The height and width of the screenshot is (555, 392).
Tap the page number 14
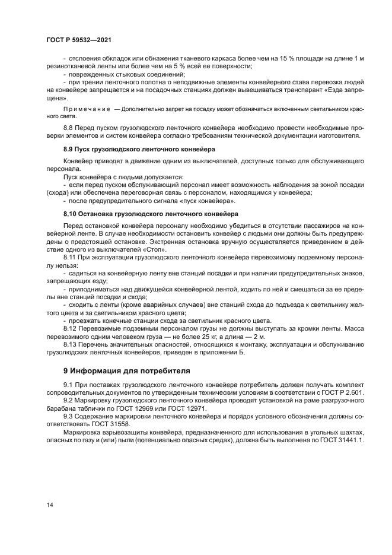(x=50, y=505)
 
